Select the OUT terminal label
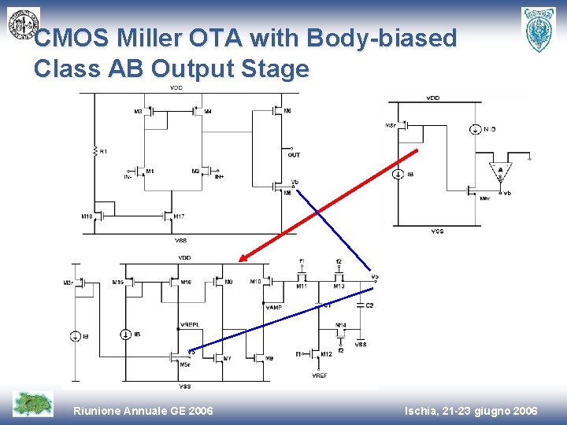tap(294, 155)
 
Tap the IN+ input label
tap(220, 177)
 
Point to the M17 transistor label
tap(180, 216)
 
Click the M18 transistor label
tap(87, 216)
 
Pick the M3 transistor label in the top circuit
tap(138, 112)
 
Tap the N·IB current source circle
tap(476, 129)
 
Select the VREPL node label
tap(189, 323)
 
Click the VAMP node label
tap(274, 307)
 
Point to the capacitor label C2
tap(369, 305)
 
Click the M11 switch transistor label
tap(301, 286)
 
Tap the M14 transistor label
tap(340, 324)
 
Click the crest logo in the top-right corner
tap(539, 29)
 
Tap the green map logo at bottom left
tap(33, 404)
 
